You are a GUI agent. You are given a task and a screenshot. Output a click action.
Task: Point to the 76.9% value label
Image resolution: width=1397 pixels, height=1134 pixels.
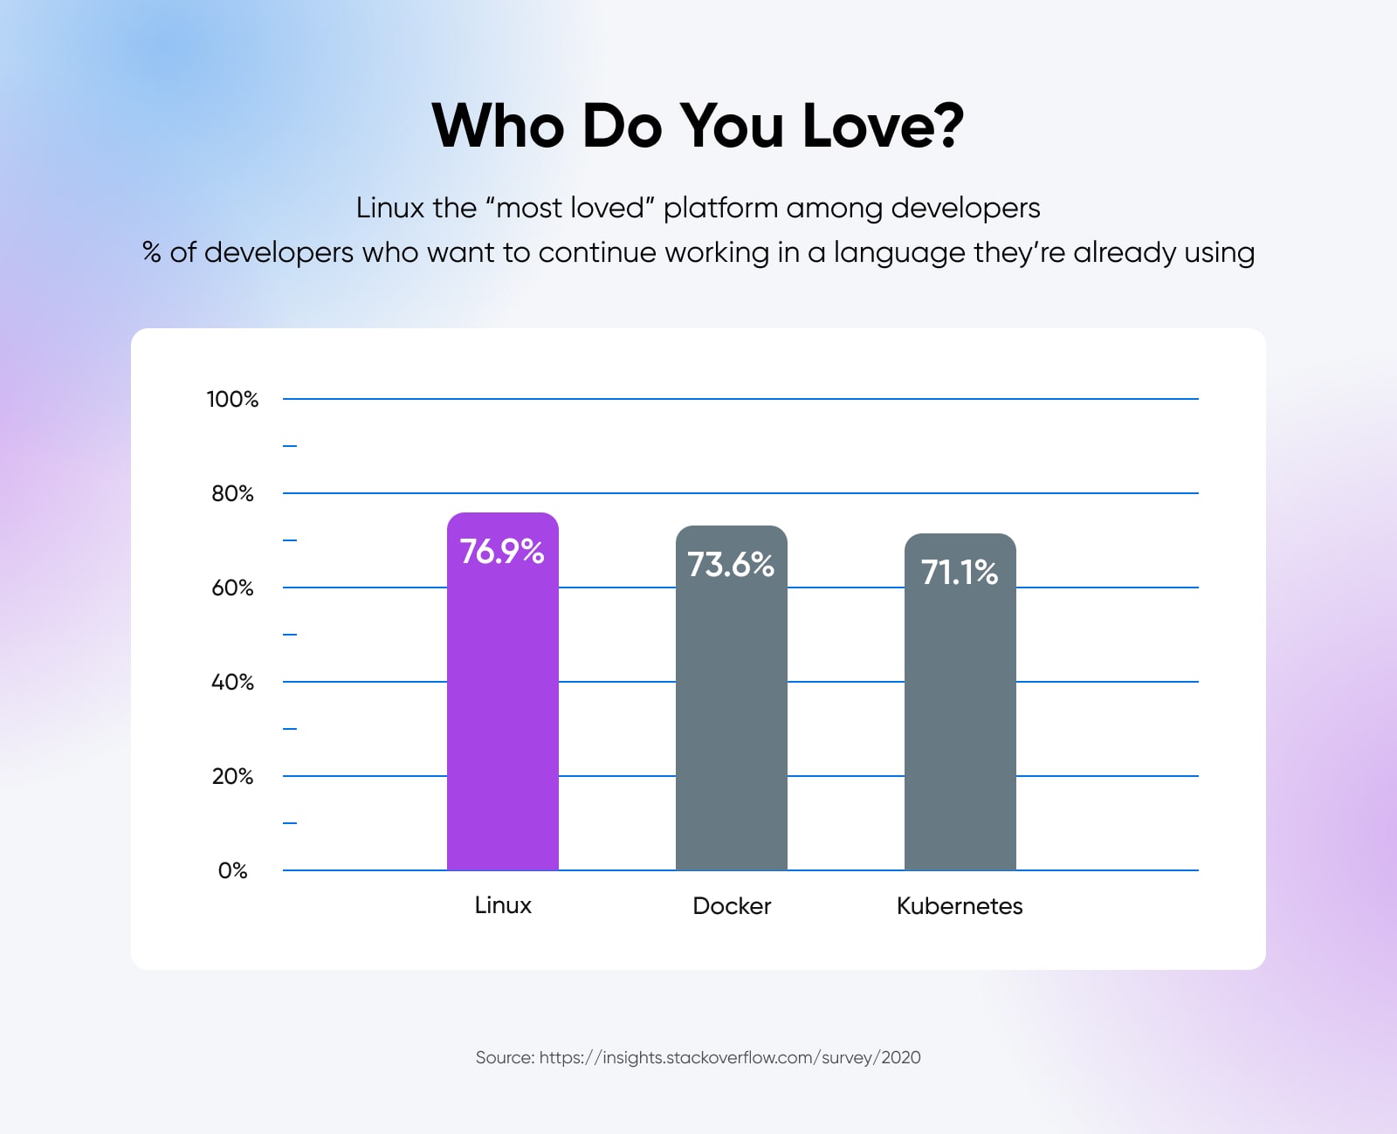pyautogui.click(x=502, y=552)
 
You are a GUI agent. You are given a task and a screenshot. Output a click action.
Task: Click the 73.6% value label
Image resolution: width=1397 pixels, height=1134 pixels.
pyautogui.click(x=731, y=565)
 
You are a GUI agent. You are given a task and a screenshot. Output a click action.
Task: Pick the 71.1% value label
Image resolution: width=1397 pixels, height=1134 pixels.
pyautogui.click(x=960, y=573)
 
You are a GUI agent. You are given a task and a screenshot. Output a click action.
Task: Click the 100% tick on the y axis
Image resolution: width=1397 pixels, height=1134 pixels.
pyautogui.click(x=232, y=399)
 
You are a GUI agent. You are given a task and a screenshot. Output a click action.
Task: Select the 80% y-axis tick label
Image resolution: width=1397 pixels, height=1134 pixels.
pyautogui.click(x=232, y=493)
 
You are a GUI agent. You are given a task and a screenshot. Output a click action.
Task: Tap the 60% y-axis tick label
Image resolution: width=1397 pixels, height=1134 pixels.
pyautogui.click(x=232, y=588)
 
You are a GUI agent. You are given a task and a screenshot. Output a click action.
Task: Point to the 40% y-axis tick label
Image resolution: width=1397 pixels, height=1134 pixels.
pyautogui.click(x=232, y=682)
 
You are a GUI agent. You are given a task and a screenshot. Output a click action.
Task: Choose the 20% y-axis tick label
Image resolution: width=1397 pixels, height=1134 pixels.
pyautogui.click(x=232, y=776)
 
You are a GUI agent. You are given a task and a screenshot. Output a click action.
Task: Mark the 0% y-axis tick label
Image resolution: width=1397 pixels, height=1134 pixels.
pyautogui.click(x=232, y=870)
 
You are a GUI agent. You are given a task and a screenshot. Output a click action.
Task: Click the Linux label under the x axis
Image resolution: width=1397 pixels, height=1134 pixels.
pyautogui.click(x=503, y=905)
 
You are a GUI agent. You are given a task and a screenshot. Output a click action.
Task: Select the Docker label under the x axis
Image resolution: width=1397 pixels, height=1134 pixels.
pyautogui.click(x=732, y=906)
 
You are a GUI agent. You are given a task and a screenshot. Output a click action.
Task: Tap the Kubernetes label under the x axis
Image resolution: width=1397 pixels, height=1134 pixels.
pyautogui.click(x=960, y=906)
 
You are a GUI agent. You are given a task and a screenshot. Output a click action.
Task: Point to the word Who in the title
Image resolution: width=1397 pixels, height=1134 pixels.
pyautogui.click(x=499, y=126)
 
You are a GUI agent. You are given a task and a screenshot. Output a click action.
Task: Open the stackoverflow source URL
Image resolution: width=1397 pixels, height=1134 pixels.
pyautogui.click(x=729, y=1057)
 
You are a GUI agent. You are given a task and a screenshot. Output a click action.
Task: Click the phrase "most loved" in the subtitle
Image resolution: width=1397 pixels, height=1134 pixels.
pyautogui.click(x=571, y=208)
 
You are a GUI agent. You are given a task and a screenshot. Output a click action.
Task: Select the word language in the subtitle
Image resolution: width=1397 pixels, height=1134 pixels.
pyautogui.click(x=899, y=253)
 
